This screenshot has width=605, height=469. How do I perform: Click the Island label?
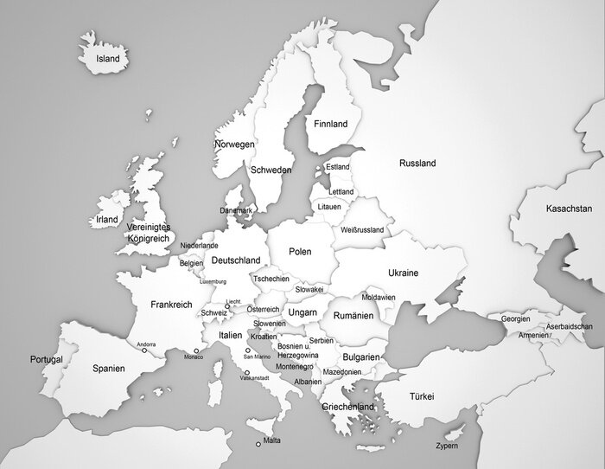tap(108, 59)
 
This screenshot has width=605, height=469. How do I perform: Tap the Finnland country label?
tap(330, 124)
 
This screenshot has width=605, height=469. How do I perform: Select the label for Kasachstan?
tap(569, 209)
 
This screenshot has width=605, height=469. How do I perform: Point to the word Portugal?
tap(46, 359)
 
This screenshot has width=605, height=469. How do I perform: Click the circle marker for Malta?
tap(258, 445)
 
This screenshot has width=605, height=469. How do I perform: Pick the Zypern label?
tap(447, 447)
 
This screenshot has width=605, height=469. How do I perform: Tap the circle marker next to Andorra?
tap(144, 350)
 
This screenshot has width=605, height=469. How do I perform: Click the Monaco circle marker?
tap(196, 350)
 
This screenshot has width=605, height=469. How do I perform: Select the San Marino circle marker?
tap(248, 350)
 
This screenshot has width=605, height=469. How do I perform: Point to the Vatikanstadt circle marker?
tap(248, 372)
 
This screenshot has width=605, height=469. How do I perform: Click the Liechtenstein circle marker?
tap(227, 305)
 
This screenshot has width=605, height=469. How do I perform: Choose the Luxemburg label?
tap(213, 281)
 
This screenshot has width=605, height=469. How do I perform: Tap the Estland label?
tap(337, 167)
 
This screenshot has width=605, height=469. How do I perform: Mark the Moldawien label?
tap(379, 297)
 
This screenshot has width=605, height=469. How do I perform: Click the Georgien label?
tap(515, 318)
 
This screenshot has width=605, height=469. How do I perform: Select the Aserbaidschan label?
tap(569, 326)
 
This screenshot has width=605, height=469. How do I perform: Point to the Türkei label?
tap(421, 396)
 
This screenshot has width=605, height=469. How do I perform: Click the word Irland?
tap(107, 220)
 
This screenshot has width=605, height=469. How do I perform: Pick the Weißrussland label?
tap(362, 229)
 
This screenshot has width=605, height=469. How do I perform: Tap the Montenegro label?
tap(295, 367)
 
